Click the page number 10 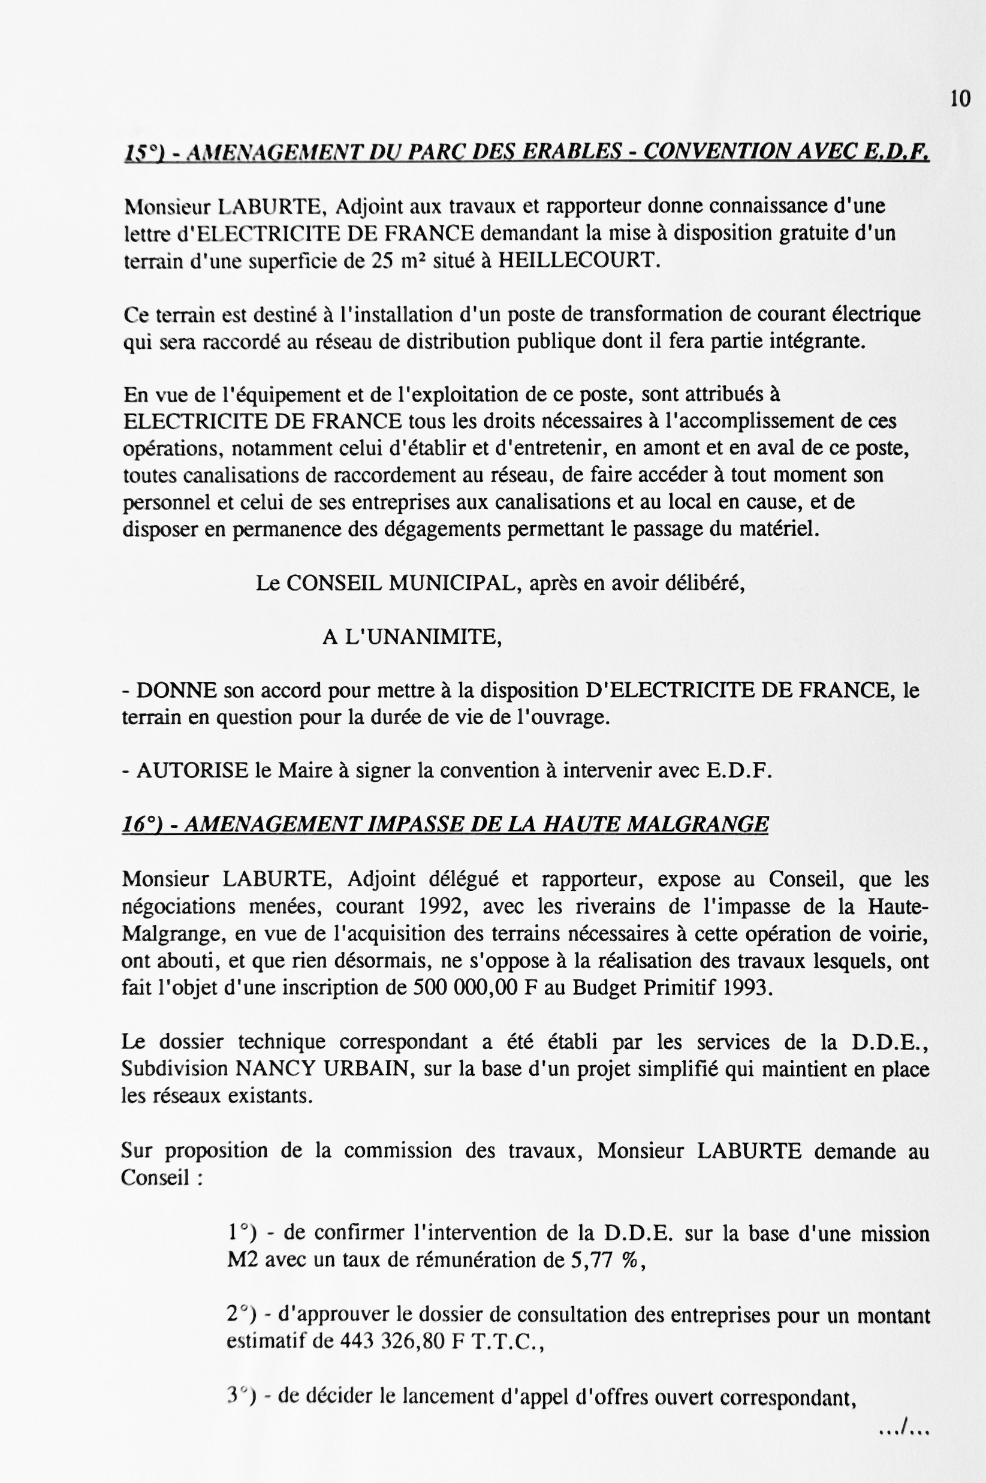pyautogui.click(x=960, y=99)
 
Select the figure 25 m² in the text pyautogui.click(x=393, y=260)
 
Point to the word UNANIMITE pyautogui.click(x=433, y=637)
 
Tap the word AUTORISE pyautogui.click(x=192, y=770)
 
